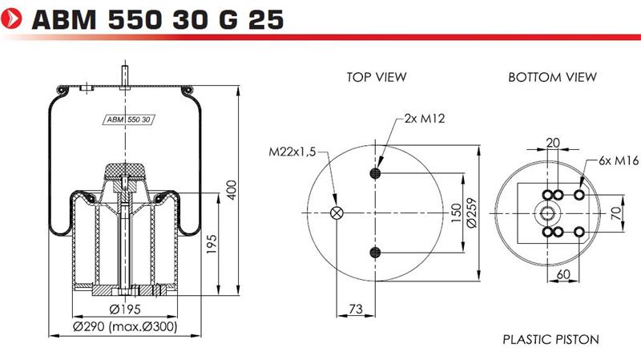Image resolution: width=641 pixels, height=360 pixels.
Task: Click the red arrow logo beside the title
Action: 11,19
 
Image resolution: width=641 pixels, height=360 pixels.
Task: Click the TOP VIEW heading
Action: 377,77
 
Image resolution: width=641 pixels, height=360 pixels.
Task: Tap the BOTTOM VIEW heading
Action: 552,77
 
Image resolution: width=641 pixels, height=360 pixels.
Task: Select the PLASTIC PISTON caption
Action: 550,339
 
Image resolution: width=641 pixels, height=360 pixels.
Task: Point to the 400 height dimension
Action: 232,190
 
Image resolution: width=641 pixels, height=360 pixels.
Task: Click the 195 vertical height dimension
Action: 212,245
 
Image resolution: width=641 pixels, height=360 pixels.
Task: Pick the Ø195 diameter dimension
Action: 125,309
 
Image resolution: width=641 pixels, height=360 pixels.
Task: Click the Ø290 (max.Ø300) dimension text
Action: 125,326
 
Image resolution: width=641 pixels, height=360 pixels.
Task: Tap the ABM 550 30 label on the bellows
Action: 128,119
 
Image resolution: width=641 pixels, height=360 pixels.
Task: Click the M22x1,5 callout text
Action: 292,152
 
